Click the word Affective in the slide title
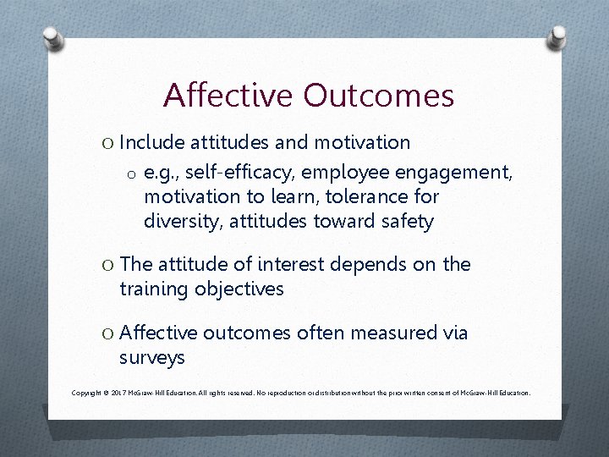219,96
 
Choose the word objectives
239,289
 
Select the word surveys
152,358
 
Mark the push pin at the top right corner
557,36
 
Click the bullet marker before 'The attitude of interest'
107,265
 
